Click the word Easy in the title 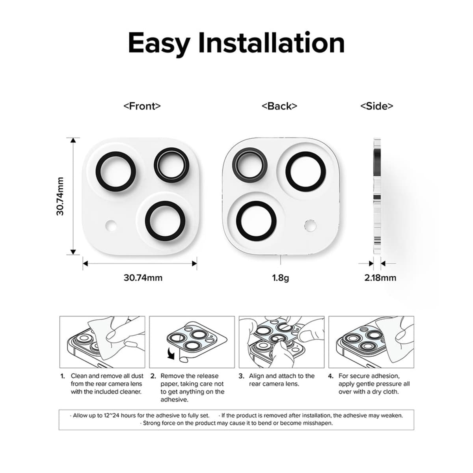(159, 43)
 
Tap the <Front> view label (142, 106)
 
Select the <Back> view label (279, 106)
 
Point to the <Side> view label (376, 106)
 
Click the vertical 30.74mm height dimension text (60, 196)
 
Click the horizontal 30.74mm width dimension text (143, 277)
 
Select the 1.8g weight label (280, 277)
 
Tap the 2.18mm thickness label (380, 277)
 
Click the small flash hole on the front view (111, 225)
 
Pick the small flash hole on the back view (311, 225)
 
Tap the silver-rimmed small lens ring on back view (250, 163)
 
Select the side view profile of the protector (377, 196)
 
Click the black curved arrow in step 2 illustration (171, 354)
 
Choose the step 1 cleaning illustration (102, 342)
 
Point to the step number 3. (241, 376)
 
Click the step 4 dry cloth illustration (371, 342)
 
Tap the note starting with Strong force (236, 423)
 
